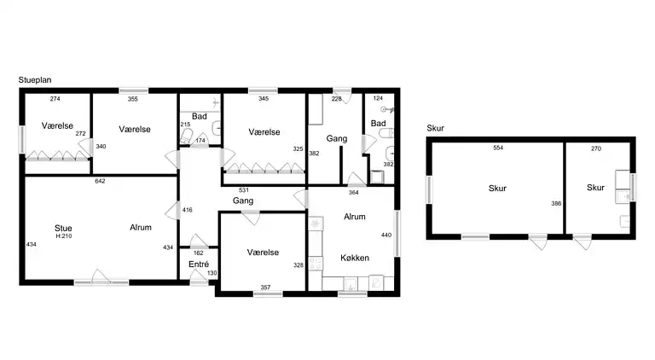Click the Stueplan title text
tap(35, 80)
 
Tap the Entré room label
tap(199, 264)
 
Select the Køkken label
tap(355, 258)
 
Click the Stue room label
tap(63, 228)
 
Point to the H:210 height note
tap(64, 236)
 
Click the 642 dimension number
tap(100, 181)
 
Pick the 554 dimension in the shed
tap(498, 148)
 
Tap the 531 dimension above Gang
tap(244, 190)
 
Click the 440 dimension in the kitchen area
tap(386, 235)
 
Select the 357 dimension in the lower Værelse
tap(265, 287)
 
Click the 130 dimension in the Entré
tap(212, 273)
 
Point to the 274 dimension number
tap(55, 99)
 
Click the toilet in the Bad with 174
tap(186, 136)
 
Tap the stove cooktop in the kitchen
tap(316, 264)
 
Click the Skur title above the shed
tap(435, 128)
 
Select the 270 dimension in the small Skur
tap(596, 148)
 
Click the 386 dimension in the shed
tap(556, 204)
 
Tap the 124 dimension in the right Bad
tap(378, 99)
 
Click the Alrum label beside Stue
tap(141, 228)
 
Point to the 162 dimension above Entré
tap(199, 253)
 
